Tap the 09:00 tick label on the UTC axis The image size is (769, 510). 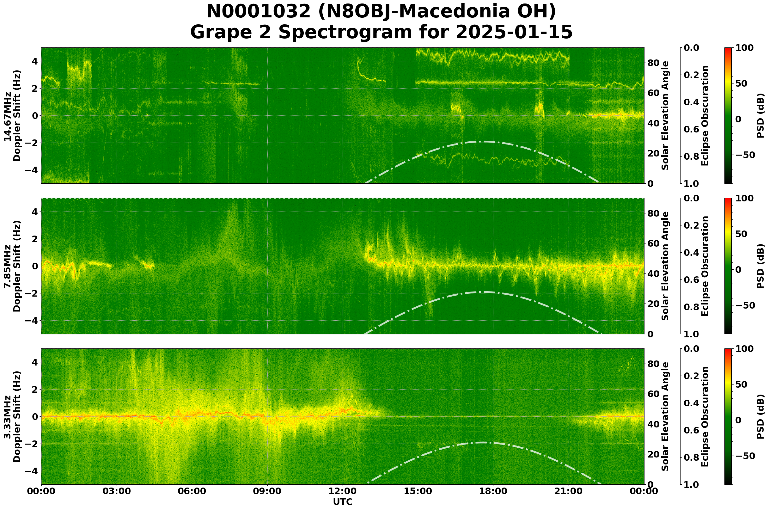tap(267, 491)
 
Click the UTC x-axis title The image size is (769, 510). tap(343, 502)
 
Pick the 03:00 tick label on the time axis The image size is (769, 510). tap(116, 491)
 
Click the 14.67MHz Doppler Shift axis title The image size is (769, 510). tap(12, 116)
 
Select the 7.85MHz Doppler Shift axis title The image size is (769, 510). tap(12, 266)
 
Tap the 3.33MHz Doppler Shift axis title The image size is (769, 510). tap(12, 417)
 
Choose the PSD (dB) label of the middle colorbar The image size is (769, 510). tap(760, 266)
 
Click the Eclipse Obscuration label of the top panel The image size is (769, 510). tap(705, 116)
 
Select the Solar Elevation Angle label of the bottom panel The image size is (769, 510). tap(665, 417)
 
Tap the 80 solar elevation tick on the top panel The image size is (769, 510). tap(653, 63)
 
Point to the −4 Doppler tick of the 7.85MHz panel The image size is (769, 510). tap(32, 320)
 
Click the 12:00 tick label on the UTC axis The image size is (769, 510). tap(342, 491)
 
